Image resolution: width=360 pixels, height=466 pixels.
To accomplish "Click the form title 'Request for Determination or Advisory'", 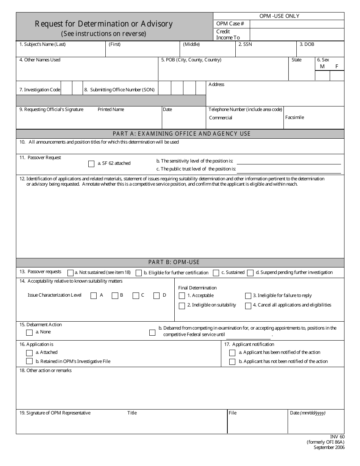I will pos(103,24).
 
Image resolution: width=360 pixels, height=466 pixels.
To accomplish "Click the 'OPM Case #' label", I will pos(230,23).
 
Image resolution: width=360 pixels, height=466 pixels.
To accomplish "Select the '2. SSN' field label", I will pos(245,44).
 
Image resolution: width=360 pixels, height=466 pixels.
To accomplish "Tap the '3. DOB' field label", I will pos(307,44).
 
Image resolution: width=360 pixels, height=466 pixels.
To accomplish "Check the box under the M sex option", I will pos(322,76).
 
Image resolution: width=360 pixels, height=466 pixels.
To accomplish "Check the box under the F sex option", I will pos(337,76).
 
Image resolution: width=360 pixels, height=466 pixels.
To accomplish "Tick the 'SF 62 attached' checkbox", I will pos(91,164).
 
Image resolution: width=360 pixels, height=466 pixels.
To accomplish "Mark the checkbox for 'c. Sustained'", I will pos(216,273).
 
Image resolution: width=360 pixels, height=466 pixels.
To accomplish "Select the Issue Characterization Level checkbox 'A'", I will pos(94,296).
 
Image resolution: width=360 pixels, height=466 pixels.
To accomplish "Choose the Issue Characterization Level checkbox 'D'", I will pos(157,296).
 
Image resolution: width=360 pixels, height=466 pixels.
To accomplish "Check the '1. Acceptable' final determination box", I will pos(182,296).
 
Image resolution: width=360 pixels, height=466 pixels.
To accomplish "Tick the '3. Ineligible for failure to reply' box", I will pos(248,296).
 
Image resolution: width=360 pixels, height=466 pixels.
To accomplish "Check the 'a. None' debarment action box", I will pos(29,333).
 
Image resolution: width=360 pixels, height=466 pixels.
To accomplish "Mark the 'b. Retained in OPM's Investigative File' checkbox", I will pos(29,361).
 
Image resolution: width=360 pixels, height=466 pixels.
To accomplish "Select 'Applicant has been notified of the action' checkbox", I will pos(232,353).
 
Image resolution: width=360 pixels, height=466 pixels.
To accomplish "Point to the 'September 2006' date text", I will pos(329,447).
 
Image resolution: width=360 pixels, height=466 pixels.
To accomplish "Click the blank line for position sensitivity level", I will pos(289,162).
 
